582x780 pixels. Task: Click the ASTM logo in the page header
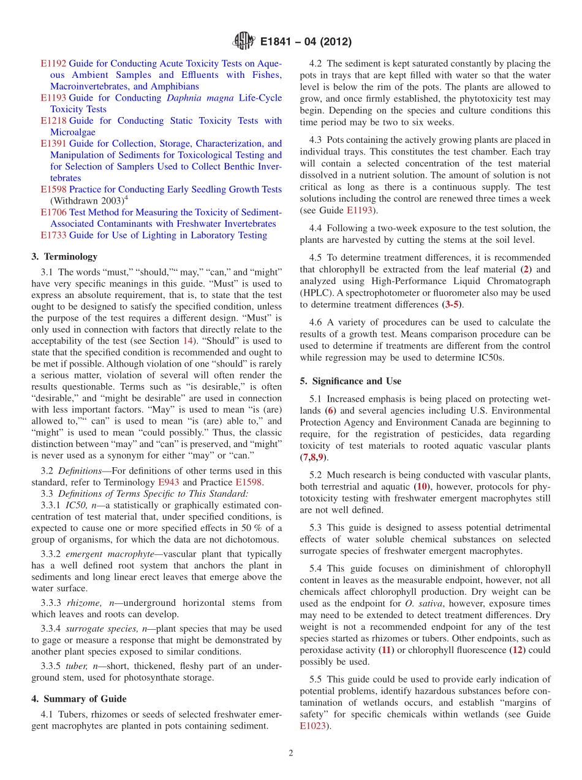click(244, 42)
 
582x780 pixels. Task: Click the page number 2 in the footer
click(291, 754)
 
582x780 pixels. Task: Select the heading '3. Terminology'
click(64, 257)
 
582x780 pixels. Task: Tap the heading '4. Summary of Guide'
click(79, 699)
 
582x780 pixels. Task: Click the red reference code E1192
click(53, 64)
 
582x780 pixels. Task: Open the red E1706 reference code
click(53, 213)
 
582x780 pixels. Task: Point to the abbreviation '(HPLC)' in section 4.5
click(315, 292)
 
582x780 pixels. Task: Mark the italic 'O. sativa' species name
click(421, 604)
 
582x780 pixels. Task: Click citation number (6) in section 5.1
click(331, 411)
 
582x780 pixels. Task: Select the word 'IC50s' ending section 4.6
click(491, 358)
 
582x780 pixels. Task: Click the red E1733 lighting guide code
click(53, 235)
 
